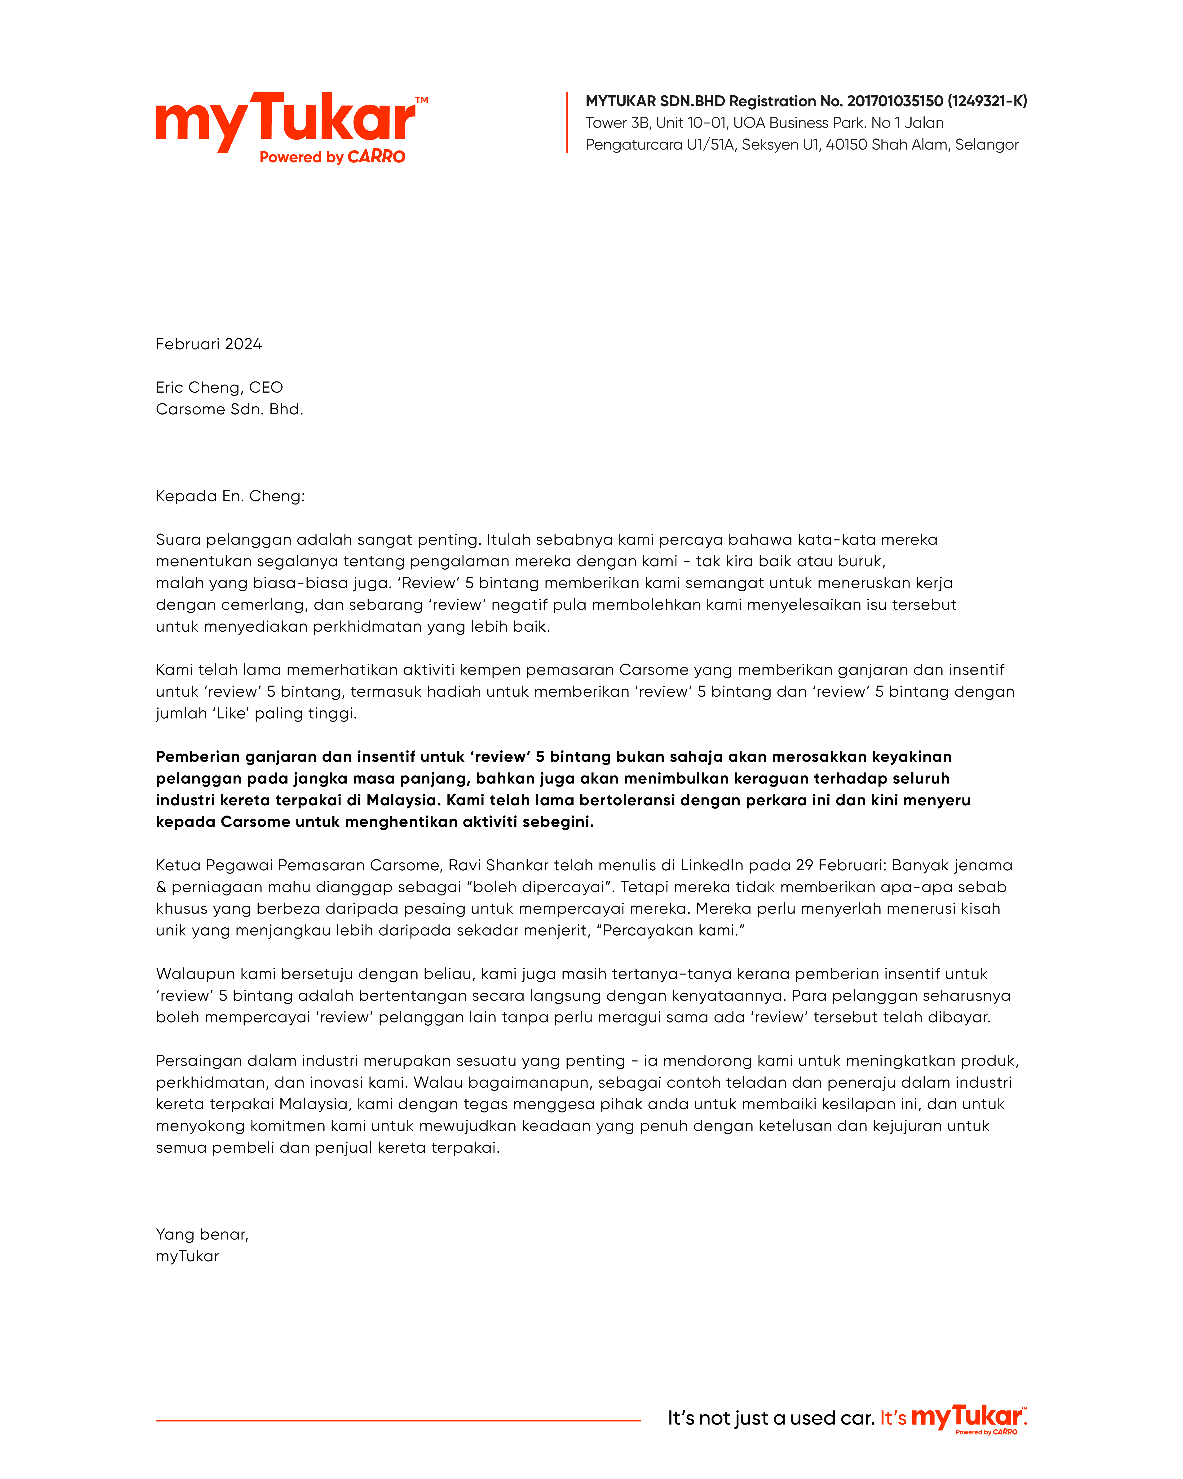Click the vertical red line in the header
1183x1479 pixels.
[567, 122]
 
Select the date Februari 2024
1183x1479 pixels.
[208, 344]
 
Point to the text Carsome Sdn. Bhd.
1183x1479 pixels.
[229, 410]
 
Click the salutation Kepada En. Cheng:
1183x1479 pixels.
[230, 496]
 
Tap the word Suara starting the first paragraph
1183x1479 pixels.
[178, 540]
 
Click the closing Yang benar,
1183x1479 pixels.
[202, 1235]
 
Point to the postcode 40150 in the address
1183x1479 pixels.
[846, 145]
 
